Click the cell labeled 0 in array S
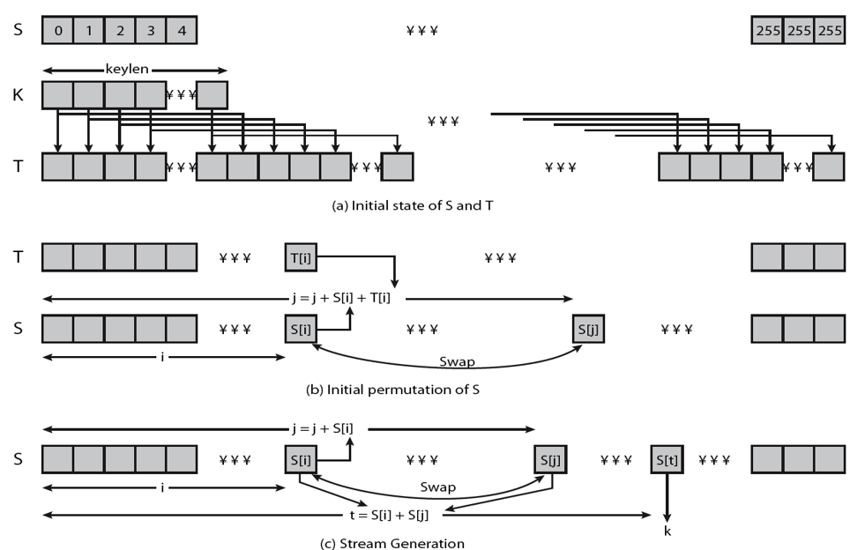[x=57, y=31]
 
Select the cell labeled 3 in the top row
[x=150, y=31]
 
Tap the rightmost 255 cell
[x=829, y=31]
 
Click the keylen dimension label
[x=134, y=69]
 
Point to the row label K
[x=19, y=94]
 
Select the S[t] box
[x=667, y=459]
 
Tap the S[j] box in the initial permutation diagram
[x=588, y=329]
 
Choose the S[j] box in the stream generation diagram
[x=550, y=459]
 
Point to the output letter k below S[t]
[x=667, y=531]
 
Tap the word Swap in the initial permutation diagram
[x=458, y=361]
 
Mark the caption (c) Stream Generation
[x=391, y=543]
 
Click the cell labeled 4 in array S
[x=181, y=31]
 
